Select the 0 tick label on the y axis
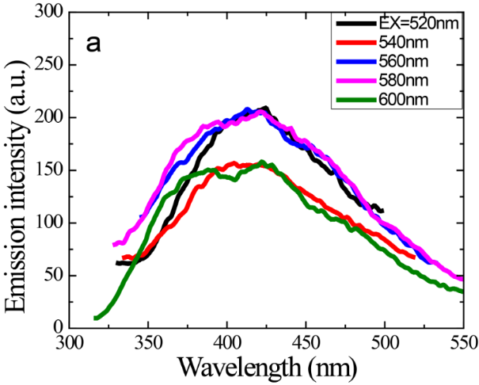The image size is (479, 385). (x=58, y=326)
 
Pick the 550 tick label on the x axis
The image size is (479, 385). (x=462, y=342)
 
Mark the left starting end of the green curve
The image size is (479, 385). (x=95, y=318)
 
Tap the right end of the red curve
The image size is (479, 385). (x=413, y=256)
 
